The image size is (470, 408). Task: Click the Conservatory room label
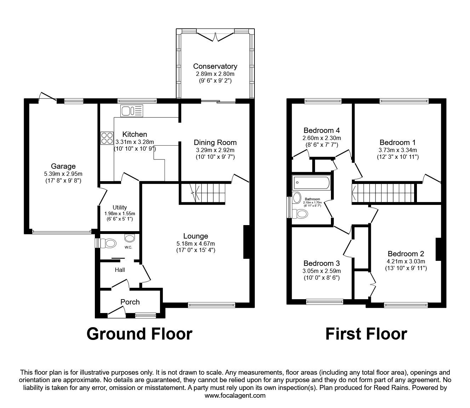pyautogui.click(x=215, y=66)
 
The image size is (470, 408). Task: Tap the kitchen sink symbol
pyautogui.click(x=131, y=111)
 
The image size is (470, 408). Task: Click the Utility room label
pyautogui.click(x=120, y=207)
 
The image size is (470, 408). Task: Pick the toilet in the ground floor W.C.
pyautogui.click(x=108, y=243)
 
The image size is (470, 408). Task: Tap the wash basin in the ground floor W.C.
pyautogui.click(x=130, y=237)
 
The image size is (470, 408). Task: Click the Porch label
pyautogui.click(x=130, y=302)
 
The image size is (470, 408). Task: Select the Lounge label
pyautogui.click(x=195, y=236)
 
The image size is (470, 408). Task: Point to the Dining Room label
pyautogui.click(x=215, y=142)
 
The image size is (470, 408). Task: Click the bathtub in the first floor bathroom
pyautogui.click(x=311, y=183)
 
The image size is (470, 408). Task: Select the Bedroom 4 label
pyautogui.click(x=322, y=130)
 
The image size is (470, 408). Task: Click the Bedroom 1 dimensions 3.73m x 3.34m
pyautogui.click(x=397, y=150)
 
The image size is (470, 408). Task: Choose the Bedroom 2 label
pyautogui.click(x=406, y=254)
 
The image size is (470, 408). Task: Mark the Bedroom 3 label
pyautogui.click(x=321, y=263)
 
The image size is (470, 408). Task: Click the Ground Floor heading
pyautogui.click(x=139, y=334)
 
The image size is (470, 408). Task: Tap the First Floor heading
pyautogui.click(x=366, y=334)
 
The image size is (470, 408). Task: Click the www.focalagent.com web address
pyautogui.click(x=235, y=396)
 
